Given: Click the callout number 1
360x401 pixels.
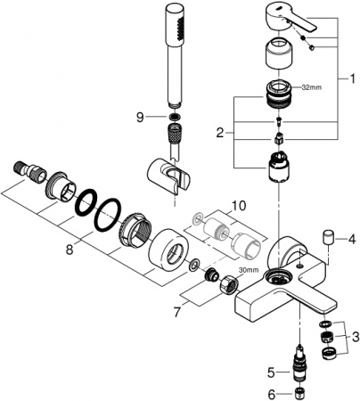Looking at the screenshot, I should coord(349,79).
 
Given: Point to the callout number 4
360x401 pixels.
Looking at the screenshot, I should coord(351,239).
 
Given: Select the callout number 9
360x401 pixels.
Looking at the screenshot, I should coord(138,117).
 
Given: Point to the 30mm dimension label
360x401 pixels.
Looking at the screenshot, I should coord(250,270).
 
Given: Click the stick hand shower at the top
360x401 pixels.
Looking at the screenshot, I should coord(171,53).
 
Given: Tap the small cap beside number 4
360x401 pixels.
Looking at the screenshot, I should coord(328,238).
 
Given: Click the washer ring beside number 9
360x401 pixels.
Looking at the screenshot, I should coord(170,117).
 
